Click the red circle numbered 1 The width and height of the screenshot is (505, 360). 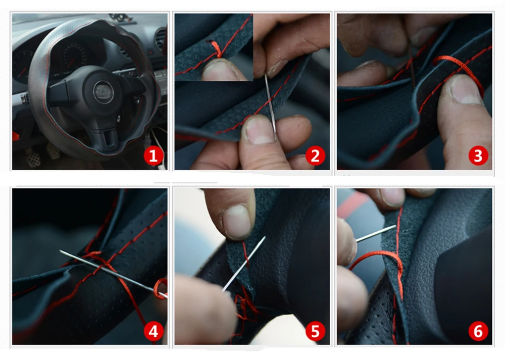pyautogui.click(x=154, y=156)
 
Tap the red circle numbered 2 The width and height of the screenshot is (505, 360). pyautogui.click(x=315, y=156)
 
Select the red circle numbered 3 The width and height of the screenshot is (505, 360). pyautogui.click(x=478, y=156)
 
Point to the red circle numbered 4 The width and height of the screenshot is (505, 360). pyautogui.click(x=154, y=331)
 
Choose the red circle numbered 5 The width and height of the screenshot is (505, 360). pyautogui.click(x=315, y=331)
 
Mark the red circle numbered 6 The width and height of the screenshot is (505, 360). pyautogui.click(x=478, y=331)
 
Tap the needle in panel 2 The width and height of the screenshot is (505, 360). pyautogui.click(x=270, y=103)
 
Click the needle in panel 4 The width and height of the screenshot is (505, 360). pyautogui.click(x=113, y=274)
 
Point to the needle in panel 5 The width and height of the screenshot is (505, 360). pyautogui.click(x=244, y=264)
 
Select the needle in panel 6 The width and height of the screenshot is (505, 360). pyautogui.click(x=376, y=233)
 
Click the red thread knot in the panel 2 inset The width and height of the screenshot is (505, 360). pyautogui.click(x=217, y=50)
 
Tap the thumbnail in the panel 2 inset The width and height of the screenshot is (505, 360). pyautogui.click(x=220, y=69)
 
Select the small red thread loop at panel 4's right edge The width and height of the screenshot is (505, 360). pyautogui.click(x=161, y=288)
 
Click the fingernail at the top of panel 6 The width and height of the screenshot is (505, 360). pyautogui.click(x=392, y=196)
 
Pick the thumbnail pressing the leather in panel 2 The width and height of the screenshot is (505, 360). pyautogui.click(x=260, y=130)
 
